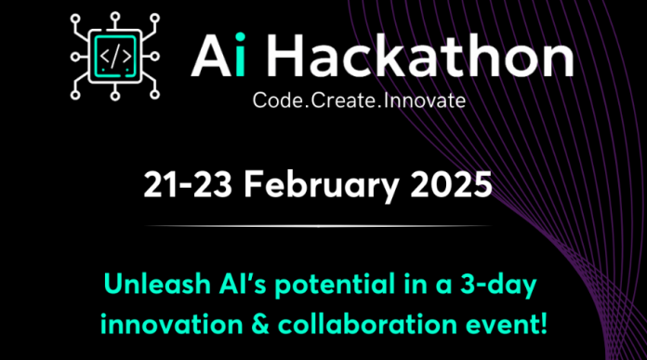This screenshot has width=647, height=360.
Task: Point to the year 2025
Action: (x=450, y=185)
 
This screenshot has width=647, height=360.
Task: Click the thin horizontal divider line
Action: (x=318, y=226)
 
